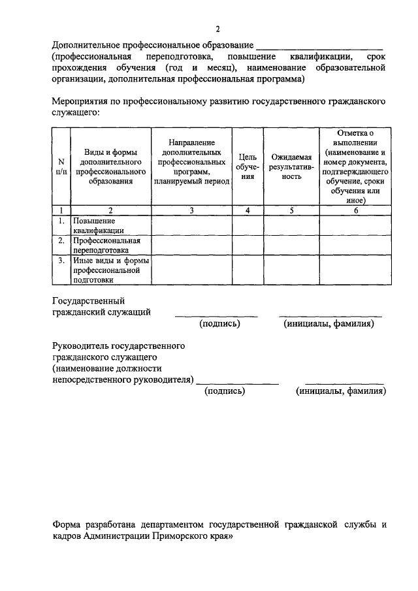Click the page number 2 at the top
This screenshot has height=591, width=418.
point(218,29)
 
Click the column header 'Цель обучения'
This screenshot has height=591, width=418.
point(248,167)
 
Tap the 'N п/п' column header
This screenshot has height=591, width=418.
point(61,167)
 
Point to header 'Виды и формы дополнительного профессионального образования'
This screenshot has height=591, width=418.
point(110,167)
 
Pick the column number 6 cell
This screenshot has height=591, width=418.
point(356,210)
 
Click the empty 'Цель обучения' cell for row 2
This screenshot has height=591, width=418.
point(248,244)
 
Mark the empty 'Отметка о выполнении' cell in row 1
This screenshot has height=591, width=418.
point(356,225)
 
